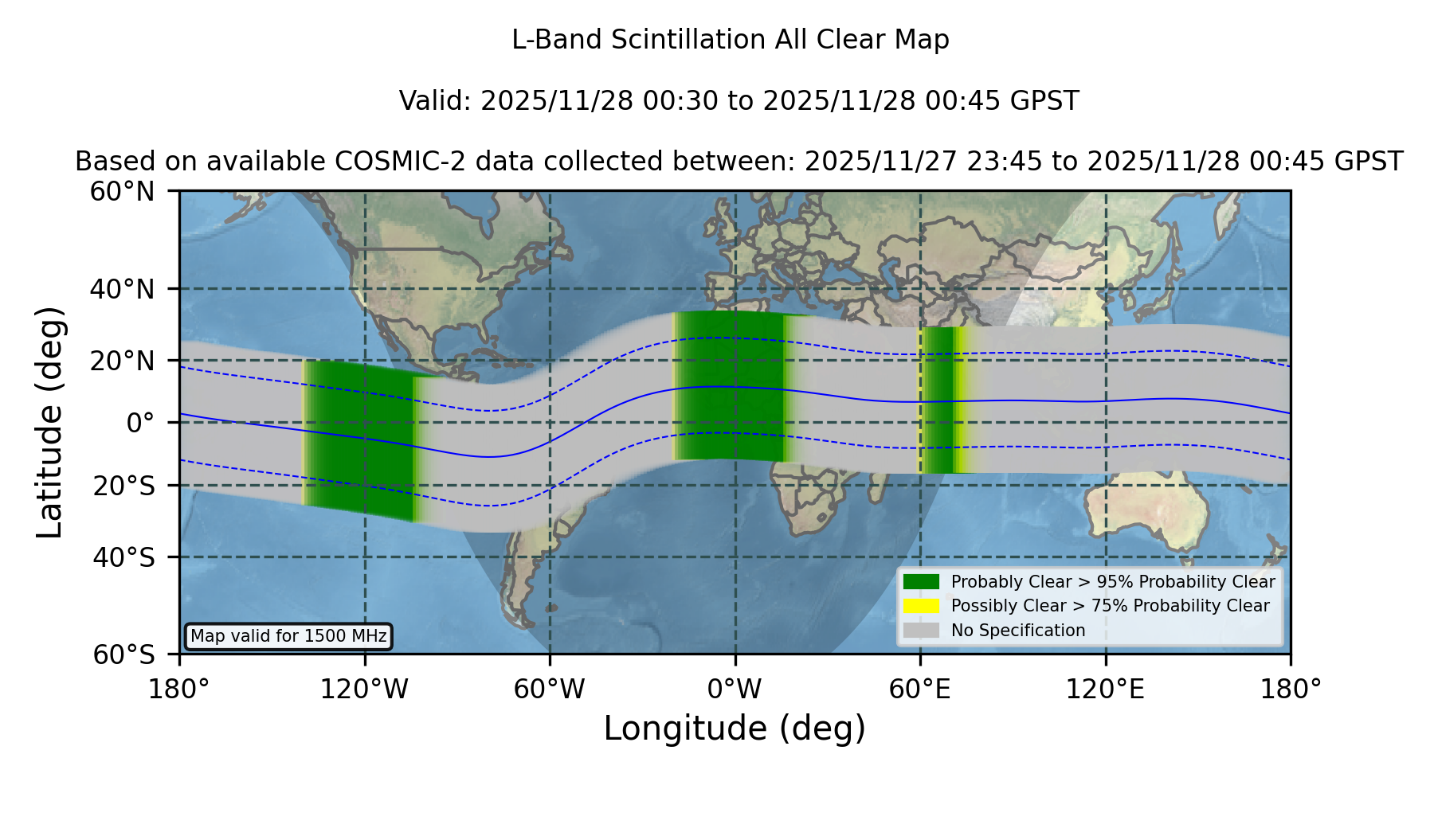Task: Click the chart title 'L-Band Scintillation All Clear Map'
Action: coord(731,40)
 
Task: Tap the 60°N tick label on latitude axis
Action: coord(122,191)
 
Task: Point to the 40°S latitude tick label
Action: coord(123,557)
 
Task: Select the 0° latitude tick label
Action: coord(140,422)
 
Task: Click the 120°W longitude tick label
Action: coord(365,689)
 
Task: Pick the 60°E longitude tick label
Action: coord(920,689)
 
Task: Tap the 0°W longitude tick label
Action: coord(735,689)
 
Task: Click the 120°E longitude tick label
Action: coord(1106,689)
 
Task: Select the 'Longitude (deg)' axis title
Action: coord(735,729)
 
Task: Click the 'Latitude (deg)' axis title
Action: coord(49,422)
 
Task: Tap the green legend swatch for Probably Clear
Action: coord(921,581)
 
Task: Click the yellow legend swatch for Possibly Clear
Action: coord(921,605)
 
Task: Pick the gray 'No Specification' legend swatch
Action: coord(921,630)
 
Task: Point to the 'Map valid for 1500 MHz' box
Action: coord(288,636)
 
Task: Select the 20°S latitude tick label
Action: coord(123,486)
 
